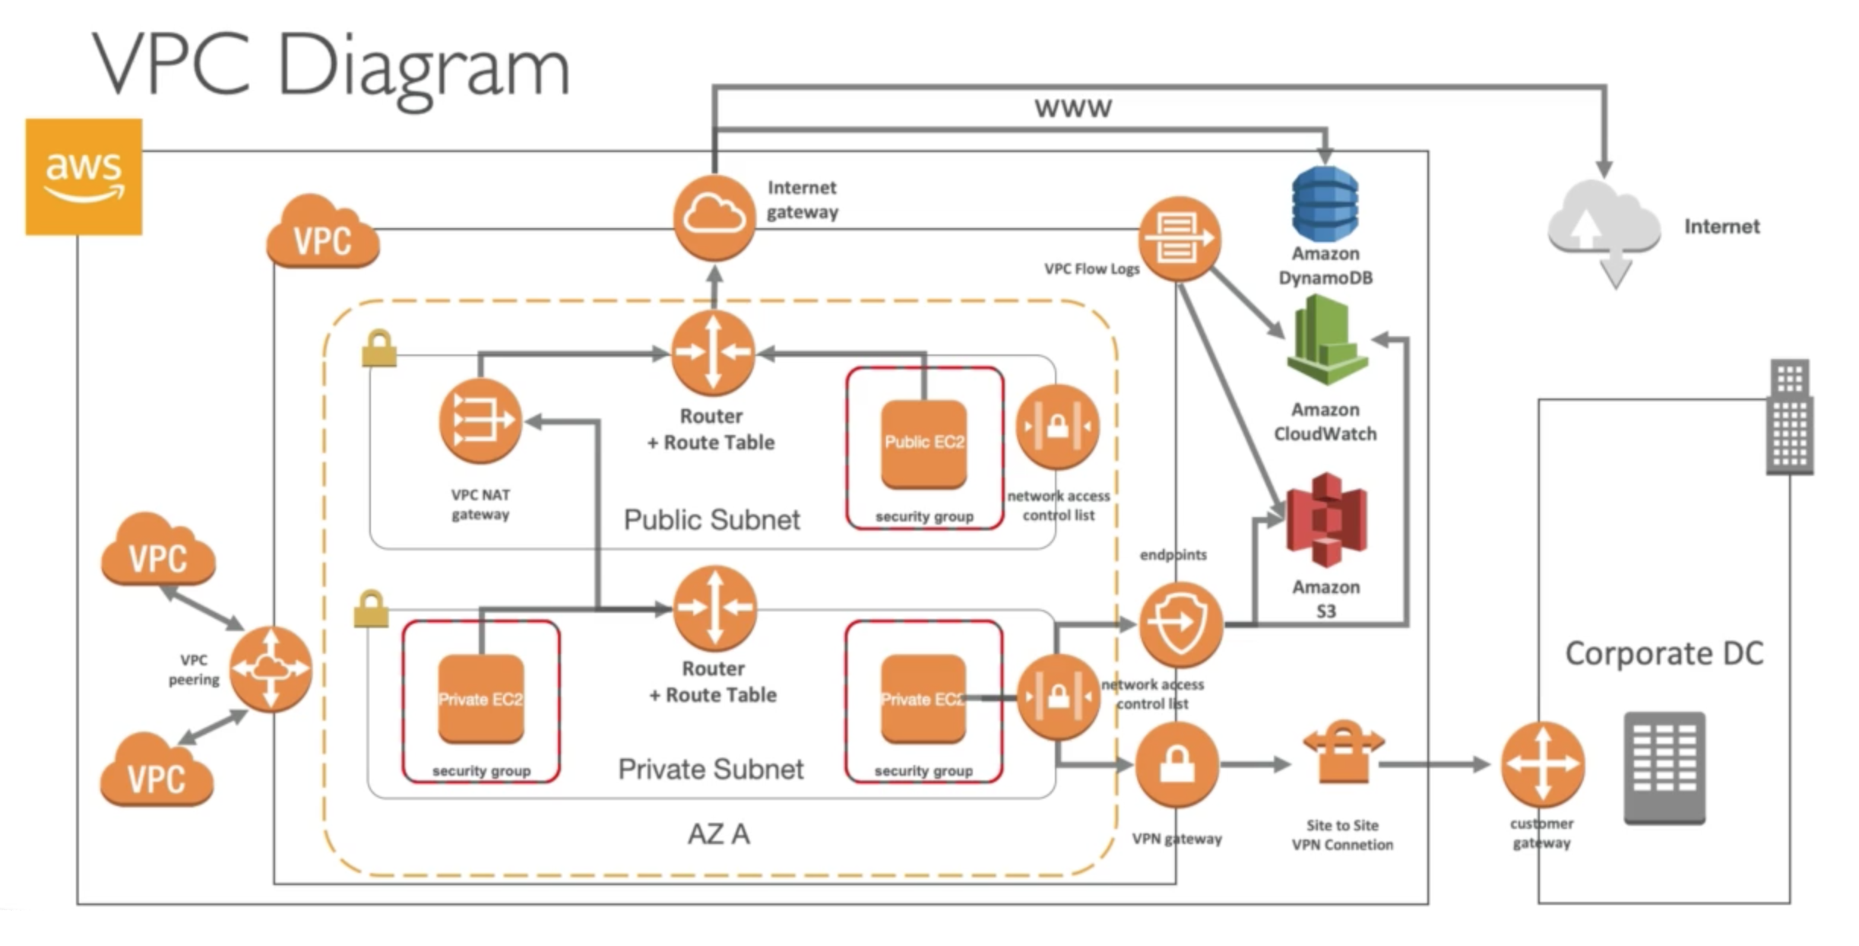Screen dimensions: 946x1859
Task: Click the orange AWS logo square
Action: (x=84, y=176)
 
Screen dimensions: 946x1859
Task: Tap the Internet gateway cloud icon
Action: (x=714, y=217)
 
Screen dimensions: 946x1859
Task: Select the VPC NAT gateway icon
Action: (x=480, y=421)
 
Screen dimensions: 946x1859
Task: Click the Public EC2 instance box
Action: (x=924, y=443)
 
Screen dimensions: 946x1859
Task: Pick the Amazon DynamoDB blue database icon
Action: (x=1325, y=204)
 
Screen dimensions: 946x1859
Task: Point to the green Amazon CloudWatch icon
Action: (x=1326, y=341)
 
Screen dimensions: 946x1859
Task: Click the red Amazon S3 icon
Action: (x=1326, y=520)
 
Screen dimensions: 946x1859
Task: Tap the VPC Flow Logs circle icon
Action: (x=1179, y=239)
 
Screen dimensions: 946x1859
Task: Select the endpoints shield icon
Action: (x=1180, y=624)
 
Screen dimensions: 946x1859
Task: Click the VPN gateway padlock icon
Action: (x=1177, y=765)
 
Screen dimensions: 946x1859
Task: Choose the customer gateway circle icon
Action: (x=1542, y=764)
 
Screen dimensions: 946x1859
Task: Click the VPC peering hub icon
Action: (x=271, y=668)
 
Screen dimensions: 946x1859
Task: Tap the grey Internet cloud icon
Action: (x=1604, y=228)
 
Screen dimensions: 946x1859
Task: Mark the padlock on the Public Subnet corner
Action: (x=379, y=349)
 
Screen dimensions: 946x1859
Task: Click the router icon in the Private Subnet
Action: (x=714, y=608)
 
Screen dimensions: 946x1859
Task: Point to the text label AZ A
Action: (x=718, y=834)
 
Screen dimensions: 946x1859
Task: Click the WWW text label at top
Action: (x=1072, y=108)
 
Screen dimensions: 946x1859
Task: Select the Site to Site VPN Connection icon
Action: (x=1343, y=753)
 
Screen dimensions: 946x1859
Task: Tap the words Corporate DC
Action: (x=1664, y=653)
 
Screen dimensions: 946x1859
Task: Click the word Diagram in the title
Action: (x=424, y=68)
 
